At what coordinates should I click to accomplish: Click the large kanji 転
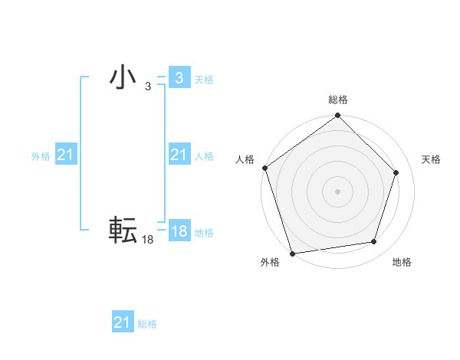click(123, 230)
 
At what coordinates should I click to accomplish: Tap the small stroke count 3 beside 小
click(147, 87)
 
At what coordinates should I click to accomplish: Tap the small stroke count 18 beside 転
click(147, 240)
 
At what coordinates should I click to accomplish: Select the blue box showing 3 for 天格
click(179, 78)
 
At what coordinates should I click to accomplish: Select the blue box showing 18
click(179, 231)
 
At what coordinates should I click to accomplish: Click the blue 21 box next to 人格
click(179, 155)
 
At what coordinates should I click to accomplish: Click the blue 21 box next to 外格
click(65, 155)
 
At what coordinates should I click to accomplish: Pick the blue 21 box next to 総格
click(122, 322)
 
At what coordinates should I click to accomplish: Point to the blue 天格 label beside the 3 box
click(204, 79)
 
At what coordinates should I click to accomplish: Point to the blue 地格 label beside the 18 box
click(204, 233)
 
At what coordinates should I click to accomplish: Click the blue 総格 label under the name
click(147, 324)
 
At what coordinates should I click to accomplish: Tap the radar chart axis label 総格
click(337, 100)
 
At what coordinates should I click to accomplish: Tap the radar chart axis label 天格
click(431, 159)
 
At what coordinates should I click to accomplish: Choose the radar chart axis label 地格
click(402, 262)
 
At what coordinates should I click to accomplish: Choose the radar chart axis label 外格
click(270, 262)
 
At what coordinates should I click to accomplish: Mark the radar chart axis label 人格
click(245, 159)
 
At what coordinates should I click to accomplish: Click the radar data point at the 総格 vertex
click(337, 116)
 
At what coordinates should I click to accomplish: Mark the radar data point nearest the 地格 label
click(373, 242)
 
